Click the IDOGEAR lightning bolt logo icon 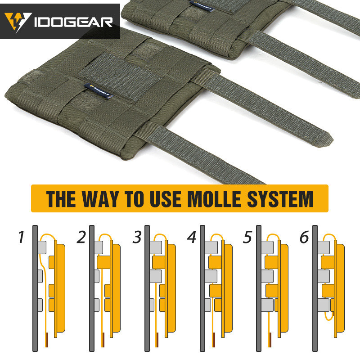[18, 22]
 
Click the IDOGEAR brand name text [73, 22]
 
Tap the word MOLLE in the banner [215, 199]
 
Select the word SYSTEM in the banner [280, 199]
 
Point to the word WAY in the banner [100, 199]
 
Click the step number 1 [21, 237]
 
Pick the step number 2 [81, 237]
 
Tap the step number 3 [137, 237]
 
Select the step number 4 [192, 237]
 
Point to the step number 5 [247, 237]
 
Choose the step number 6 [304, 237]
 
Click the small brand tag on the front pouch [99, 91]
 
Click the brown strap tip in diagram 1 [47, 340]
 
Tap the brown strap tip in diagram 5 [271, 340]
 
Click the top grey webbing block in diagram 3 [156, 247]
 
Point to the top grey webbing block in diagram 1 [42, 247]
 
